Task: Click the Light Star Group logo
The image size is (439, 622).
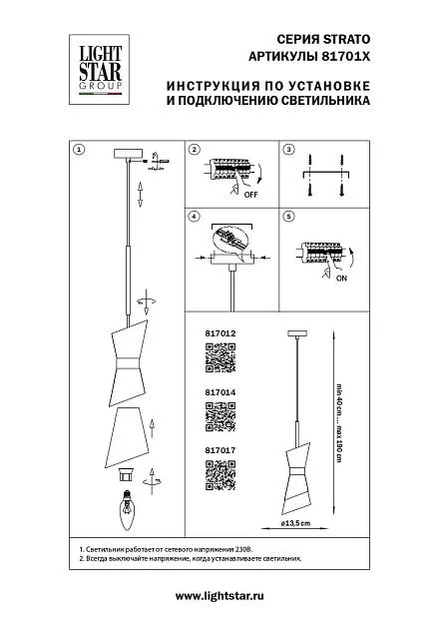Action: coord(99,70)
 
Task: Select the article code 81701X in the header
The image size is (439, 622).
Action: coord(344,57)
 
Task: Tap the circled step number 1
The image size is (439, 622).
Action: coord(80,150)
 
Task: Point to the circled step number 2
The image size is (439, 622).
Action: coord(195,150)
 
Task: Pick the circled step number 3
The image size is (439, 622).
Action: coord(288,150)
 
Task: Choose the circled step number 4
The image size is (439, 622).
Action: coord(195,217)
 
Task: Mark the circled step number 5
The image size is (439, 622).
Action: coord(288,217)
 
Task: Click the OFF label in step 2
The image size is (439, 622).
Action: coord(251,195)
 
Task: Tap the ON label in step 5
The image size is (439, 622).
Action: coord(341,279)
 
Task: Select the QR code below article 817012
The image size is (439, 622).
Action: coord(220,357)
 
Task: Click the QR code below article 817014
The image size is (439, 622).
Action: coord(220,416)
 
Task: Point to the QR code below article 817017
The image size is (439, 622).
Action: coord(220,475)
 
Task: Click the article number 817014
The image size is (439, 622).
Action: coord(220,392)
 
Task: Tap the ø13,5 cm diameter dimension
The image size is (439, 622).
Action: coord(296,523)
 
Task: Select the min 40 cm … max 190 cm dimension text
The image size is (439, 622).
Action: coord(338,423)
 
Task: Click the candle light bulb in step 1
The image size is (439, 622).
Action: coord(128,510)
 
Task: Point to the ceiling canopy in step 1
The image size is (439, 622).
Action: coord(128,154)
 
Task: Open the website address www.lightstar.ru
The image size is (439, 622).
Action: coord(219,596)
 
